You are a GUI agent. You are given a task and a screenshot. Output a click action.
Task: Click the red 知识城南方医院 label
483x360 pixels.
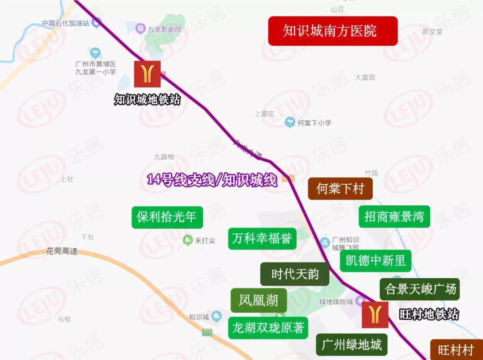pyautogui.click(x=333, y=31)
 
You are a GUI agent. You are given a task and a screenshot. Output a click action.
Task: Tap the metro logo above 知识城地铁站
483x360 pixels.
pyautogui.click(x=147, y=74)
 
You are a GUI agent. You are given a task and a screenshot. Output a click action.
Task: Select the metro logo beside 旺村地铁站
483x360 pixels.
pyautogui.click(x=375, y=314)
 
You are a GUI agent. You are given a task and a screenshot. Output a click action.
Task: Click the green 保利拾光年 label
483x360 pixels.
pyautogui.click(x=167, y=217)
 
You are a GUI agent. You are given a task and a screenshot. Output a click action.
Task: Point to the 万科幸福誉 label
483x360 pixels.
pyautogui.click(x=262, y=239)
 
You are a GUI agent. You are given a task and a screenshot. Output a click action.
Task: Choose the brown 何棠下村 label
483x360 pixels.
pyautogui.click(x=340, y=189)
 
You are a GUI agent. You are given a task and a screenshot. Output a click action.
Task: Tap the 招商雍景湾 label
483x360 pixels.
pyautogui.click(x=394, y=217)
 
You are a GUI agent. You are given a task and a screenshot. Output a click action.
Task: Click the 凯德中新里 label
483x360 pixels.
pyautogui.click(x=375, y=261)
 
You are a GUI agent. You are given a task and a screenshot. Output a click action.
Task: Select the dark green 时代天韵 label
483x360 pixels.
pyautogui.click(x=295, y=274)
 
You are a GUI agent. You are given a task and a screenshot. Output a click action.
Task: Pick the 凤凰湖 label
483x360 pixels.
pyautogui.click(x=258, y=300)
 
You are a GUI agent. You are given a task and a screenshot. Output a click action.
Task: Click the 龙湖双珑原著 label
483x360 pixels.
pyautogui.click(x=268, y=328)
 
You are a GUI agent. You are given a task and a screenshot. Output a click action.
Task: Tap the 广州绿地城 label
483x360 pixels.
pyautogui.click(x=352, y=344)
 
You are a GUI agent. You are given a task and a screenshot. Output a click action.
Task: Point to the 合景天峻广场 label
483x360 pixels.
pyautogui.click(x=420, y=289)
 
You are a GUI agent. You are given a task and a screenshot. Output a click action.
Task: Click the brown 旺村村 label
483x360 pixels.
pyautogui.click(x=456, y=350)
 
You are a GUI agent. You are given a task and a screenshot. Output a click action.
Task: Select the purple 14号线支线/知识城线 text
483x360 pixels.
pyautogui.click(x=212, y=180)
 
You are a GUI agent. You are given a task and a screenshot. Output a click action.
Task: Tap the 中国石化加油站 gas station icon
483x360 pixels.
pyautogui.click(x=96, y=22)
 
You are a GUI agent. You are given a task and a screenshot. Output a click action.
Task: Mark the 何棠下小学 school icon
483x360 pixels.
pyautogui.click(x=290, y=122)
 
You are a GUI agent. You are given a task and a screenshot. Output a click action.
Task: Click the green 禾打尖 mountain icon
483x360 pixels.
pyautogui.click(x=188, y=241)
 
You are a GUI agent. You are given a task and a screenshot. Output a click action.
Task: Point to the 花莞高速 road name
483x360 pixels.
pyautogui.click(x=62, y=251)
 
